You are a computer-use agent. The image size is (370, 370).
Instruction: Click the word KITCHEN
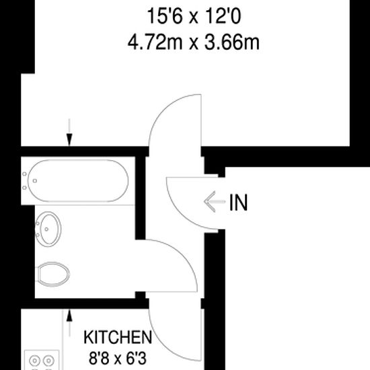tap(117, 336)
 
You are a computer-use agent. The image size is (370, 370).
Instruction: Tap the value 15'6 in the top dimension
tap(162, 15)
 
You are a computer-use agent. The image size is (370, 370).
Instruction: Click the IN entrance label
tap(238, 202)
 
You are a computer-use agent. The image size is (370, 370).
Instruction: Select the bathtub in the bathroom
tap(75, 180)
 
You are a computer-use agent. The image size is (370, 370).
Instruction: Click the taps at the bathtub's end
tap(26, 180)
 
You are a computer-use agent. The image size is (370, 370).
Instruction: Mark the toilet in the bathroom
tap(54, 273)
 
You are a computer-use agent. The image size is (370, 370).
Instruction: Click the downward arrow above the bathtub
tap(69, 131)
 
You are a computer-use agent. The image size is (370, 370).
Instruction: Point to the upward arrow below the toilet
tap(69, 320)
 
